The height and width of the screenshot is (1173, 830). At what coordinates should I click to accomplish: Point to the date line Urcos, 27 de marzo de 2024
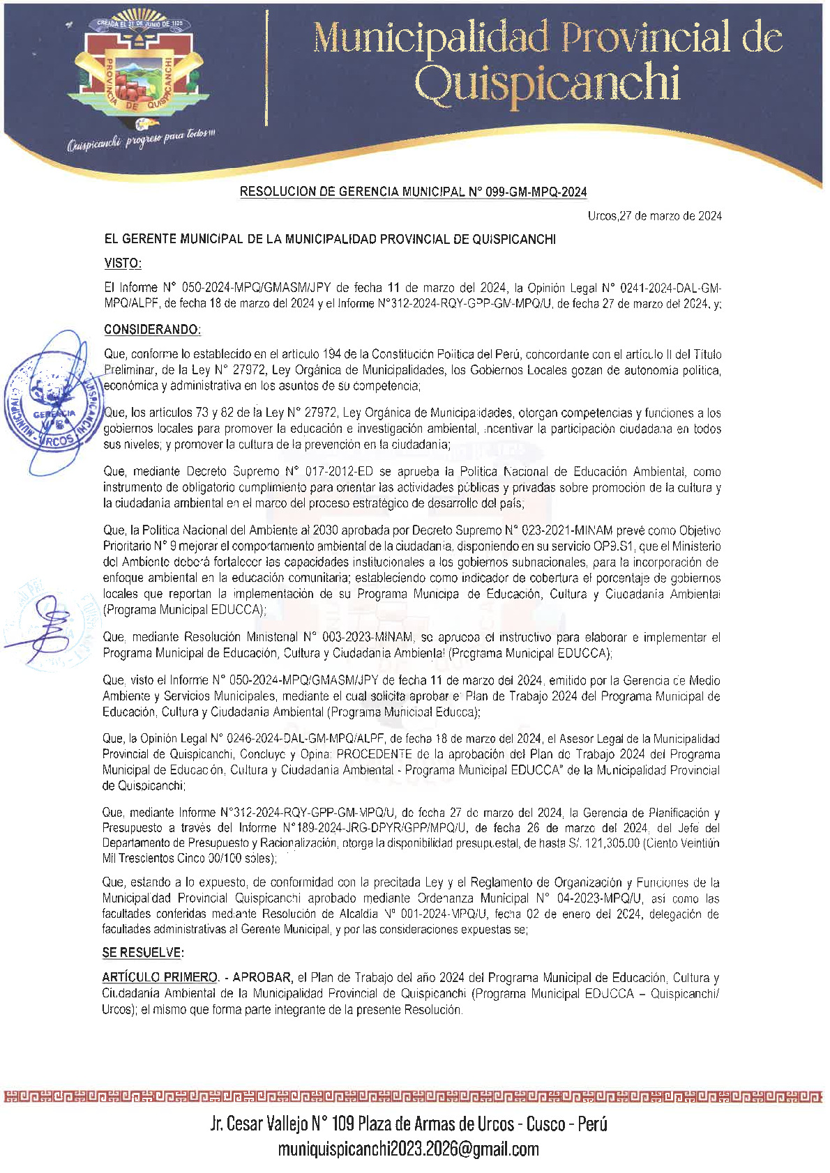click(654, 216)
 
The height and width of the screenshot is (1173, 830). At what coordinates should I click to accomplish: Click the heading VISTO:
click(123, 263)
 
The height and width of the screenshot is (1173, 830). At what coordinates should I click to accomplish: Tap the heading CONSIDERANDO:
click(152, 330)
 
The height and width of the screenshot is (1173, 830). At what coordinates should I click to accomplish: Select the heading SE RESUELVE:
click(143, 953)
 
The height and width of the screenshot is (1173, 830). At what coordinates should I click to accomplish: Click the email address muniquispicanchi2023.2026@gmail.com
click(408, 1149)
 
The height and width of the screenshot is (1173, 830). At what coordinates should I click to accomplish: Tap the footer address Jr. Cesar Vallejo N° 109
click(282, 1124)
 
